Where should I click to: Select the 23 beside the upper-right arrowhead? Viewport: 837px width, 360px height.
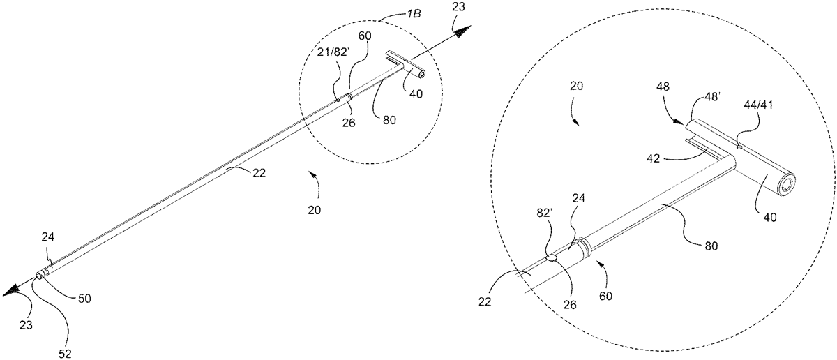[x=458, y=10]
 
